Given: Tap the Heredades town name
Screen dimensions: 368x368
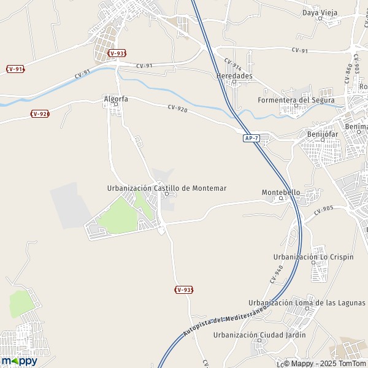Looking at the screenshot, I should [x=234, y=76].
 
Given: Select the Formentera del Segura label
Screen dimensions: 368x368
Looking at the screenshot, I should [x=296, y=100].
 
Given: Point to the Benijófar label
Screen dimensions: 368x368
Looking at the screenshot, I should [x=322, y=134].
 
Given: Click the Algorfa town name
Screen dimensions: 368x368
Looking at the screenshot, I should [x=115, y=98].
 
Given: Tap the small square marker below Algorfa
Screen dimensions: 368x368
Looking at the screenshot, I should [x=115, y=105].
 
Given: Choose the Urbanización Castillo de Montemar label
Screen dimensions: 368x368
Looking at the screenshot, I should [x=167, y=188].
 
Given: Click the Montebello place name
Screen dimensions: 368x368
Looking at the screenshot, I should [x=281, y=192].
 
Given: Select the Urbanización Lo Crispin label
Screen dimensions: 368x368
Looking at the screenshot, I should [x=313, y=256].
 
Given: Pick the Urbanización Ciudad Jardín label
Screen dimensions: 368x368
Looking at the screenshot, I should [x=259, y=335].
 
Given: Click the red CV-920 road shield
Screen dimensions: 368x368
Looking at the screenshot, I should [x=40, y=114].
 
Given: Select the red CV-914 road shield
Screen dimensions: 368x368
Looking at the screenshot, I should [x=15, y=69].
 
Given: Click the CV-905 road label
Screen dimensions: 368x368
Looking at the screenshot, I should [x=323, y=212].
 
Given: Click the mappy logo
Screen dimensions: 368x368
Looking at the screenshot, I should [x=19, y=361].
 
